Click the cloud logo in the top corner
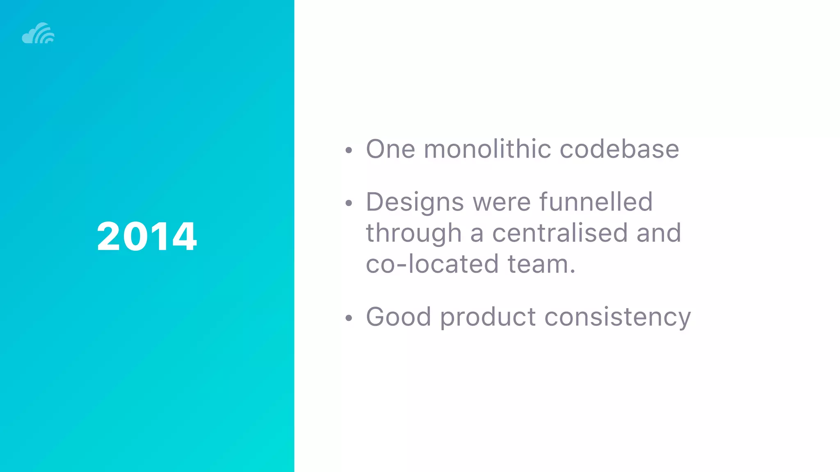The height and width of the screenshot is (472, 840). [38, 33]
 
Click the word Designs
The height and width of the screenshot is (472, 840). [415, 202]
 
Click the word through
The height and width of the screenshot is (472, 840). [413, 234]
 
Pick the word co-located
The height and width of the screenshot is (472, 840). [432, 264]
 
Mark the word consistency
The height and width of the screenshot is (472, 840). [617, 318]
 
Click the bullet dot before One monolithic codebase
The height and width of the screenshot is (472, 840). [349, 150]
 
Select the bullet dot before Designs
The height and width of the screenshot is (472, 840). [349, 203]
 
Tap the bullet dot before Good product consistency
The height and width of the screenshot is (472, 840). [349, 318]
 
